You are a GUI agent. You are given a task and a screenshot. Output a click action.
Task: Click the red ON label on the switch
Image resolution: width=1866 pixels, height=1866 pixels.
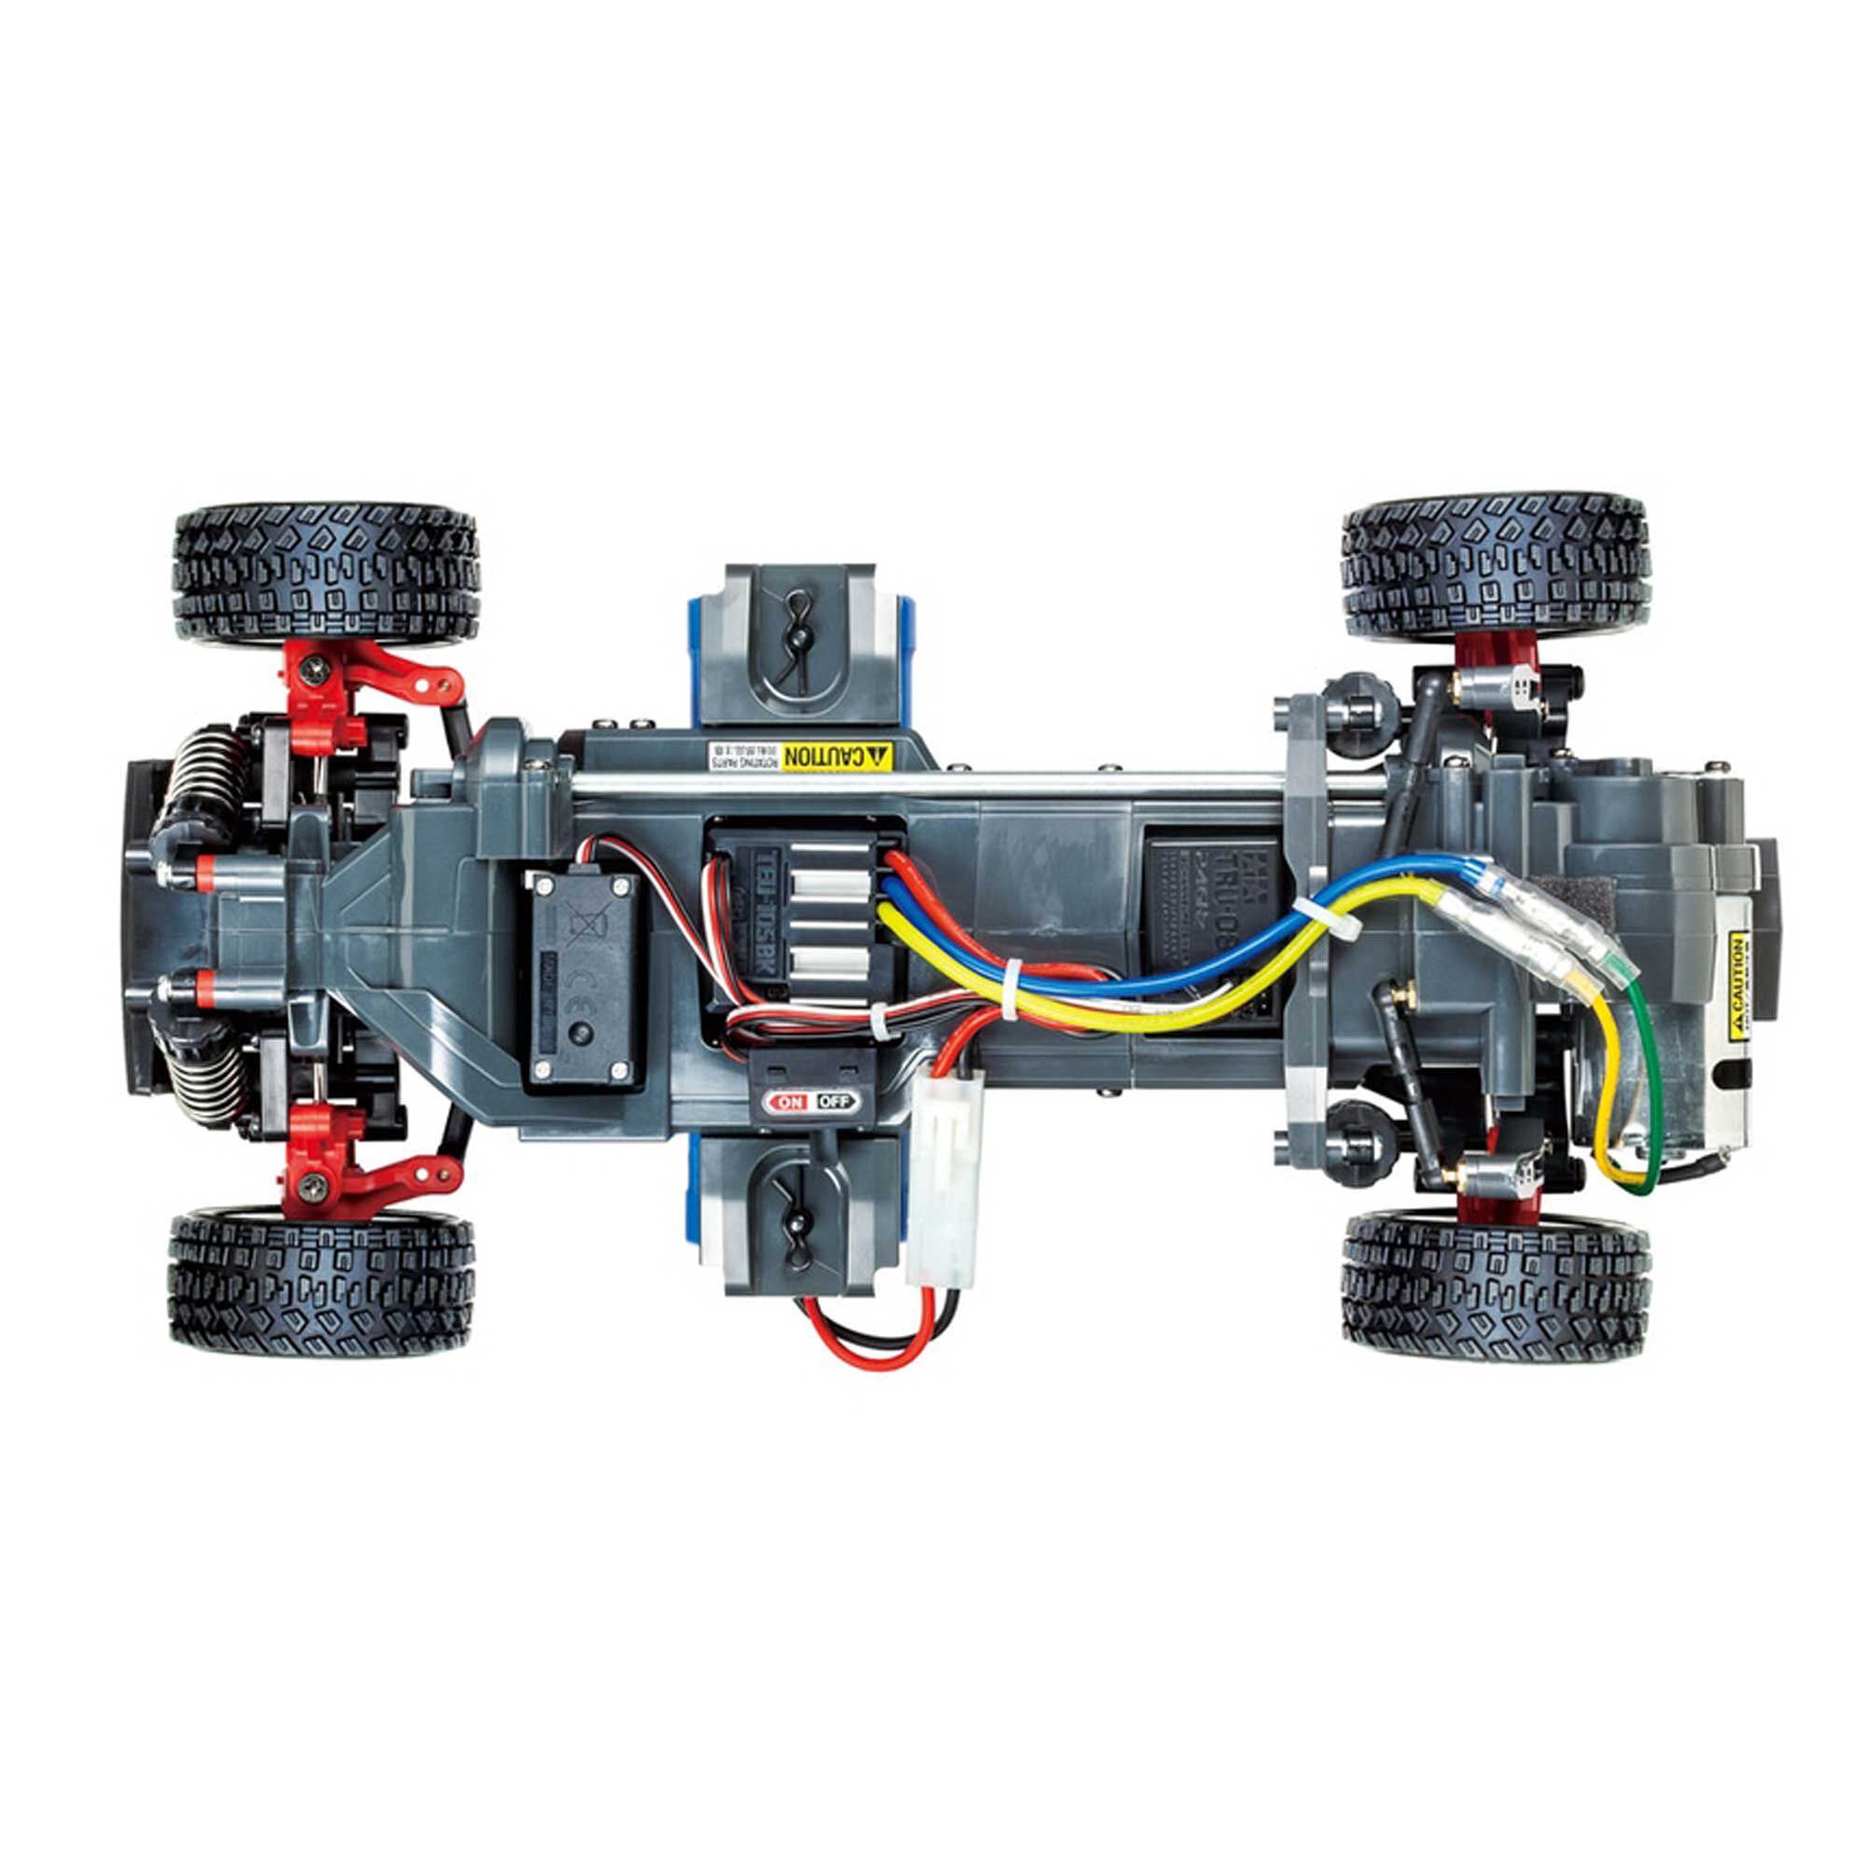(789, 1101)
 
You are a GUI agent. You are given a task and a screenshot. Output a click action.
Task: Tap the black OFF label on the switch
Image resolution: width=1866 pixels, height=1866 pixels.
(834, 1101)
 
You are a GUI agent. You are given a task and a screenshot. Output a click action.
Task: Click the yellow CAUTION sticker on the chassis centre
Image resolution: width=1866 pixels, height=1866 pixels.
(836, 756)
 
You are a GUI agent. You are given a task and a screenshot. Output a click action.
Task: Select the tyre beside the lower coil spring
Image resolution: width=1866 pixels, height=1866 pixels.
(322, 1282)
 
